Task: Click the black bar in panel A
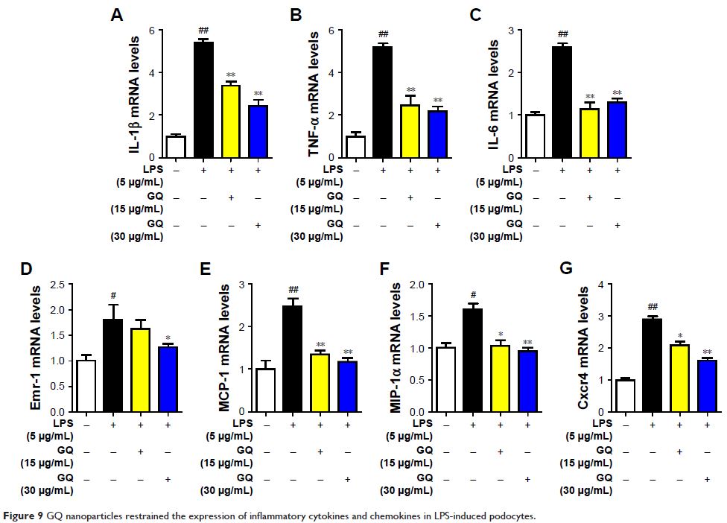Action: pyautogui.click(x=203, y=100)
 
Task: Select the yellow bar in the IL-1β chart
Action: pyautogui.click(x=231, y=121)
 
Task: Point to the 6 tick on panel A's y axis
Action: pyautogui.click(x=151, y=31)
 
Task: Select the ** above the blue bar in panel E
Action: pyautogui.click(x=347, y=352)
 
